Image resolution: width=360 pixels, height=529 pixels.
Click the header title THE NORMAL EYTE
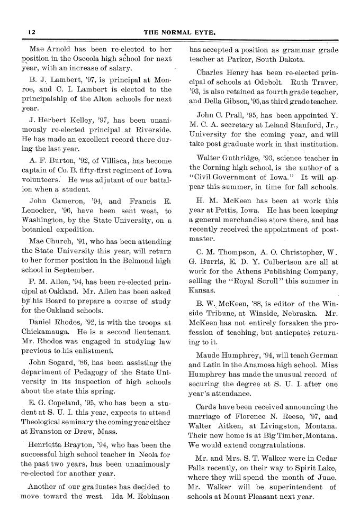point(180,32)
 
